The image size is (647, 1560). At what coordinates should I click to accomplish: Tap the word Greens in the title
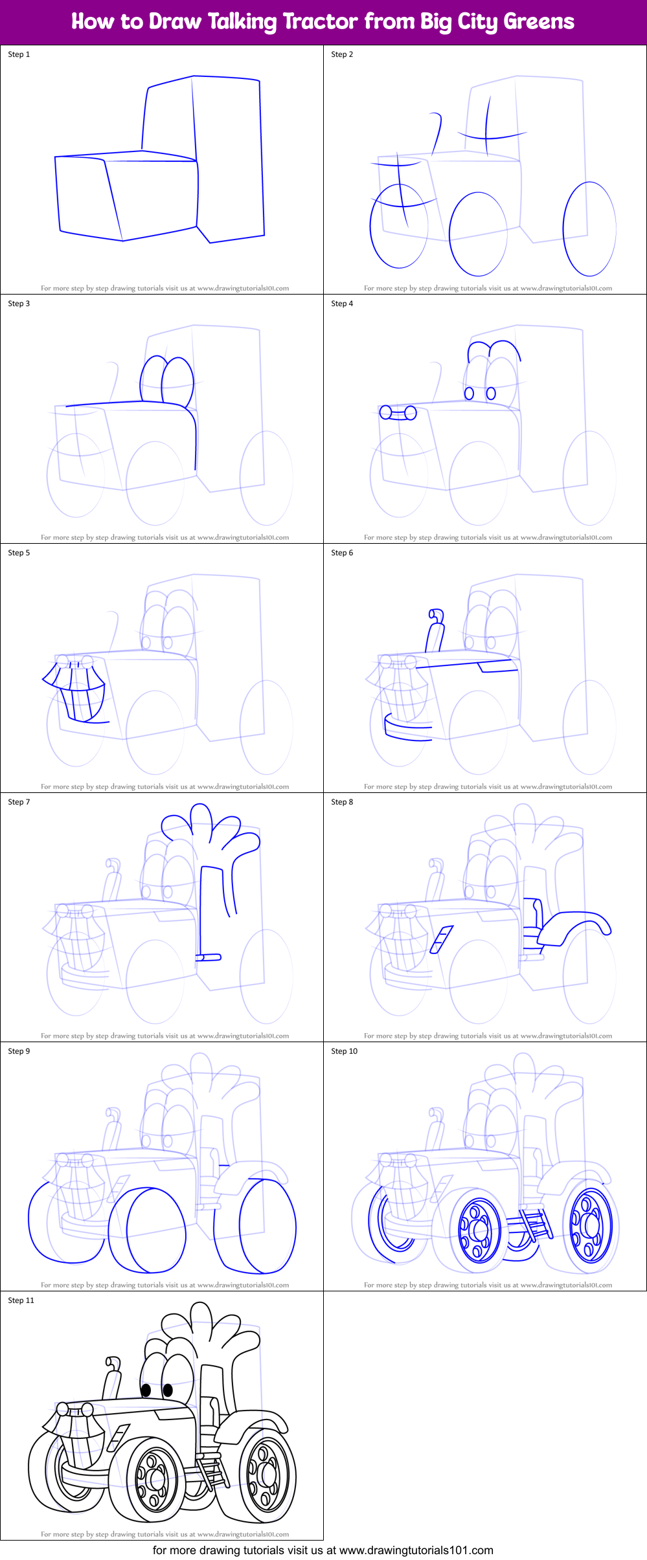[539, 21]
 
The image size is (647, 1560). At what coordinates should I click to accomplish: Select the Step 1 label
[19, 54]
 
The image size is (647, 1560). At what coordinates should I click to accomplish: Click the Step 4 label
[342, 304]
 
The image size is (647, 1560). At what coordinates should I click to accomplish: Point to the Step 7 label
[19, 802]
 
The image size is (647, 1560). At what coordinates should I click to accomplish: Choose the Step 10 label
[344, 1051]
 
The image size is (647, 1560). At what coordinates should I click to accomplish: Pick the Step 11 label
[21, 1300]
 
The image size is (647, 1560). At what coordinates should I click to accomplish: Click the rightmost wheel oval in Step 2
[589, 228]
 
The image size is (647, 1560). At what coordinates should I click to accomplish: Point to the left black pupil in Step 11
[146, 1390]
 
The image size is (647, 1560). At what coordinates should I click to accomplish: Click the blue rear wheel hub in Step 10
[590, 1225]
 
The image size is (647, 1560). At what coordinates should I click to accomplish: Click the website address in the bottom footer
[416, 1550]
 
